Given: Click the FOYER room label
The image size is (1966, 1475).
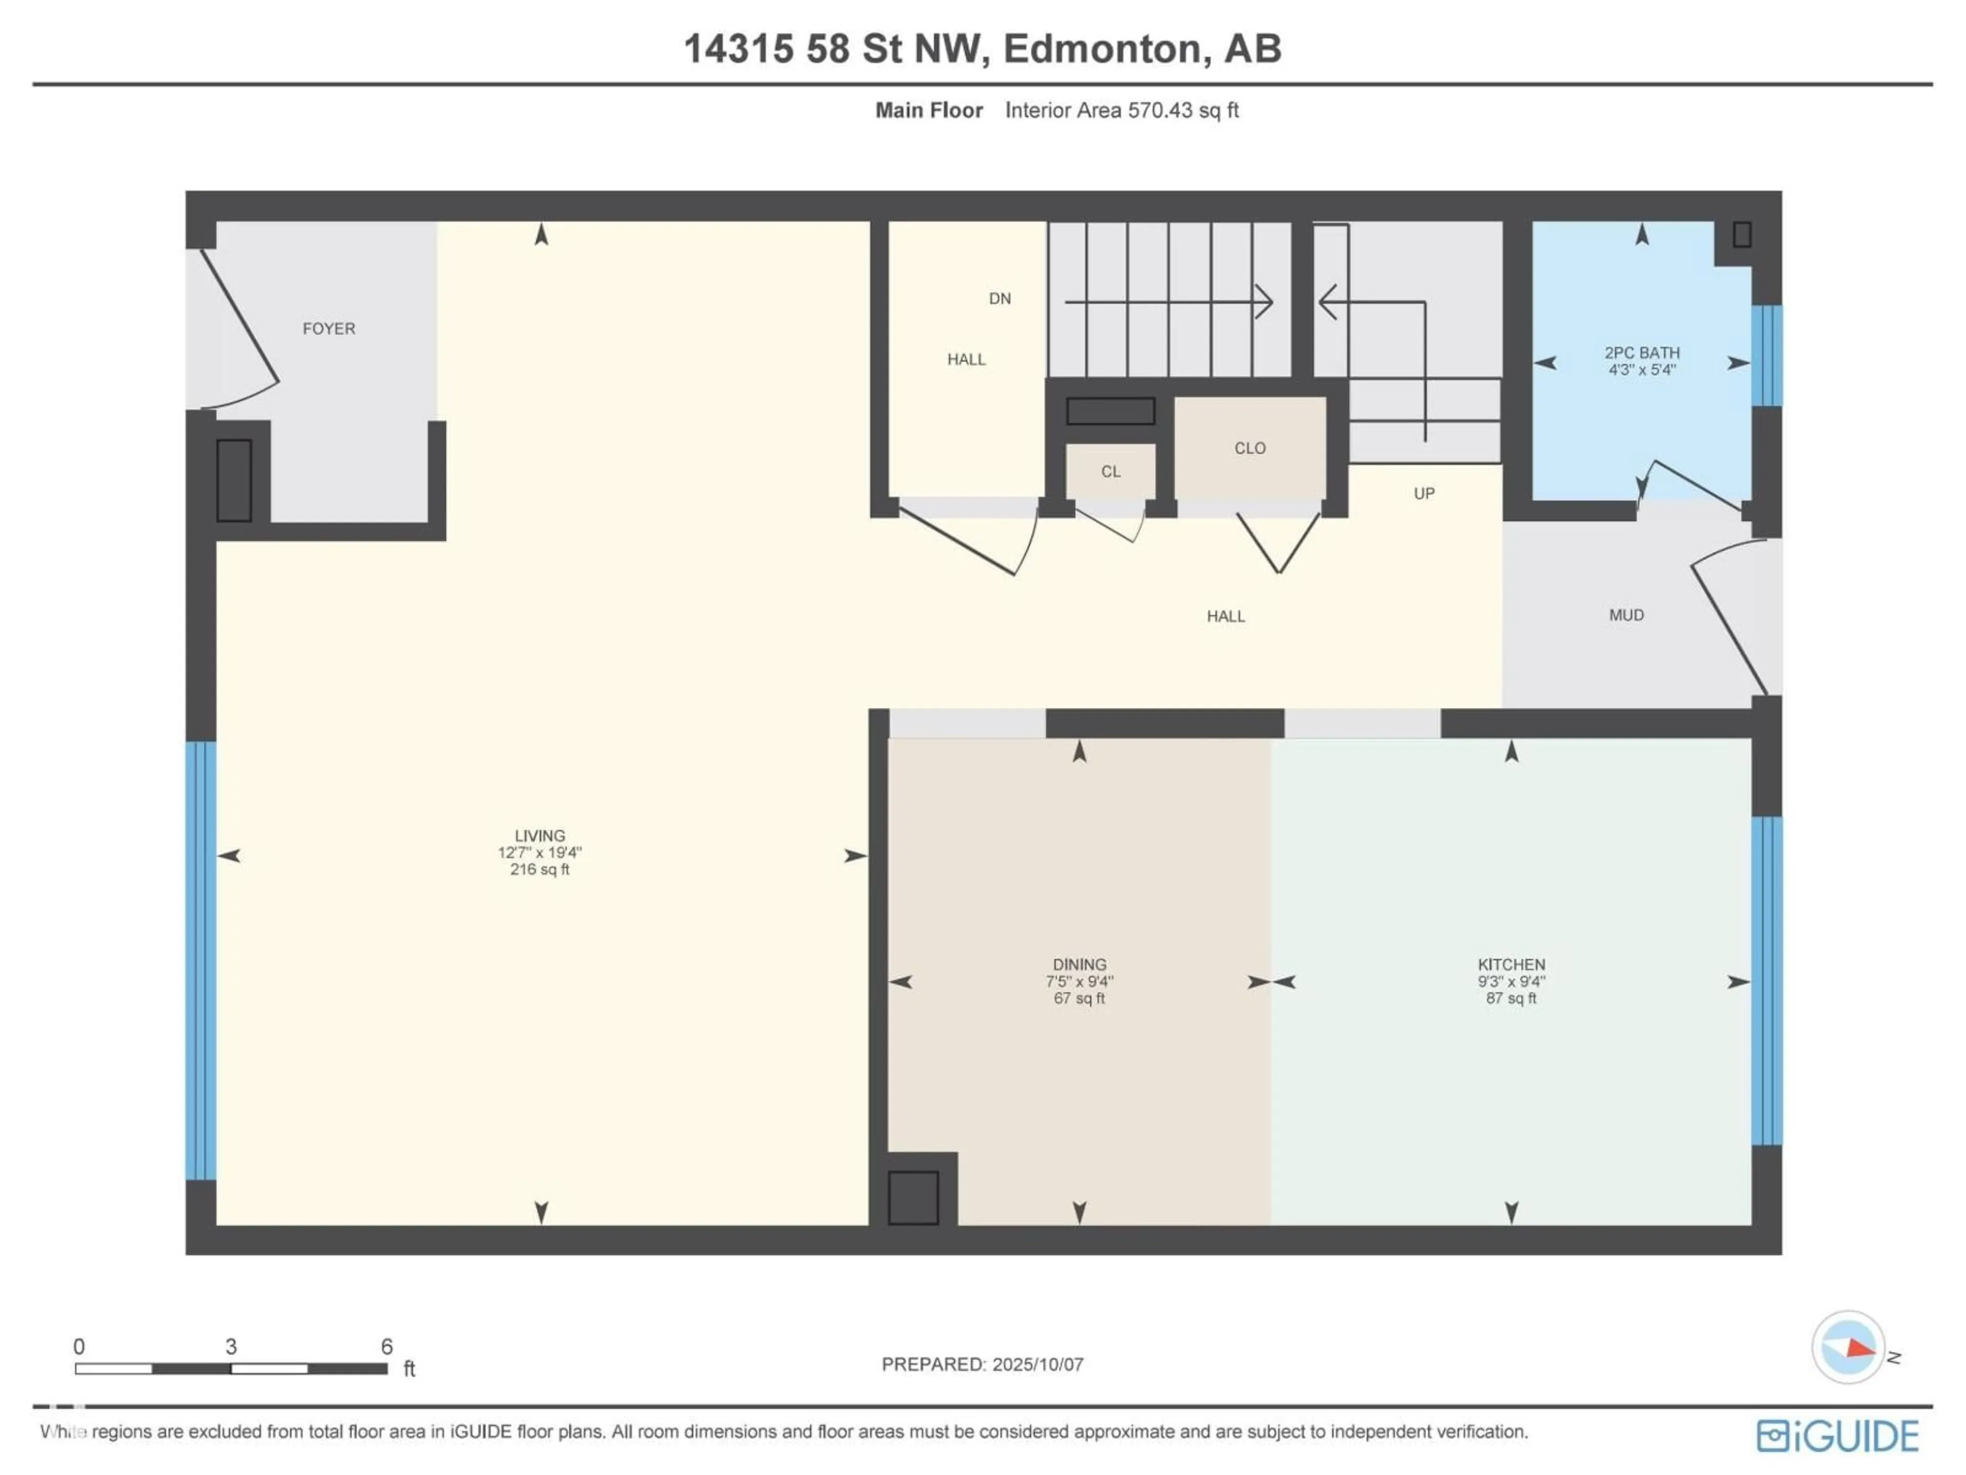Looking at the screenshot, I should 328,329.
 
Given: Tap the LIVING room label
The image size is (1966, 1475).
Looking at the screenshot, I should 540,836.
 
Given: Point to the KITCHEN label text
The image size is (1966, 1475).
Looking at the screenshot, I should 1511,965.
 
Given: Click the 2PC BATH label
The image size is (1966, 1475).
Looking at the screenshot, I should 1641,353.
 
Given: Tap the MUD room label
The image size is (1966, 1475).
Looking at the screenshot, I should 1626,615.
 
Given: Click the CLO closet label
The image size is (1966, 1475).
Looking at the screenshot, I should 1250,448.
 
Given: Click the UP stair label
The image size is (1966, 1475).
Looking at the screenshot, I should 1424,493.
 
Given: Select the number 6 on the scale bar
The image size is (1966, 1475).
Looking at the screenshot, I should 387,1346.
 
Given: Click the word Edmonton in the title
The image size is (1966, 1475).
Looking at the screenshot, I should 1106,49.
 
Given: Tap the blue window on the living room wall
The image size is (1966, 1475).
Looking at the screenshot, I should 201,960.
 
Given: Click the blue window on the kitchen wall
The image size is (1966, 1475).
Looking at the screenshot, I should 1765,981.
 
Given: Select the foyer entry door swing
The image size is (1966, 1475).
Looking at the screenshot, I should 238,329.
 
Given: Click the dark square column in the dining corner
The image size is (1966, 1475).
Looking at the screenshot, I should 913,1197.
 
